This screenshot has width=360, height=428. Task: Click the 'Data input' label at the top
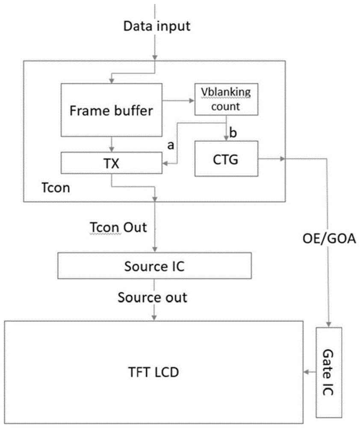point(156,26)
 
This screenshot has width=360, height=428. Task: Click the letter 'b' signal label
point(233,132)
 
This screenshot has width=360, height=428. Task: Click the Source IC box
point(154,266)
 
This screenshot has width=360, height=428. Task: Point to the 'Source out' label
point(153,297)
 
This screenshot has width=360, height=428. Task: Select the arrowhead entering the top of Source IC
point(155,250)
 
